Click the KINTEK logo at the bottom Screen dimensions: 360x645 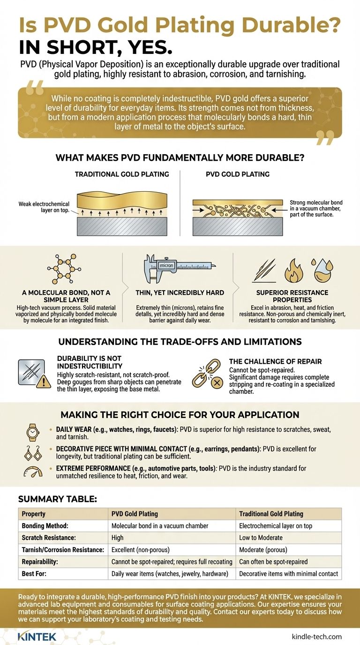37,637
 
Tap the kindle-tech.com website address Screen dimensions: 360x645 316,637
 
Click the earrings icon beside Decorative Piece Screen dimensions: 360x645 33,453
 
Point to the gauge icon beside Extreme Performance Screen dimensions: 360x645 33,472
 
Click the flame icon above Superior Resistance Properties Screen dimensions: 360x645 293,270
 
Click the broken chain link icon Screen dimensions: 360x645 207,374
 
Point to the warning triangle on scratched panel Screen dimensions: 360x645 44,382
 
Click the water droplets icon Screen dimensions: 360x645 322,270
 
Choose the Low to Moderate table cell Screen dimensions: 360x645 261,538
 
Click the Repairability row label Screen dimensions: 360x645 40,562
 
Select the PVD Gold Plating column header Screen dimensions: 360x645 135,514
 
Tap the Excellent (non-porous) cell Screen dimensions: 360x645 140,550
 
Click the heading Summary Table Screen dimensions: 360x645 58,499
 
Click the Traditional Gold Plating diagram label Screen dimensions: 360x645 122,174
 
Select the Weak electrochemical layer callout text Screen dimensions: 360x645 44,207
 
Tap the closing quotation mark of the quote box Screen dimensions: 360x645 325,138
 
